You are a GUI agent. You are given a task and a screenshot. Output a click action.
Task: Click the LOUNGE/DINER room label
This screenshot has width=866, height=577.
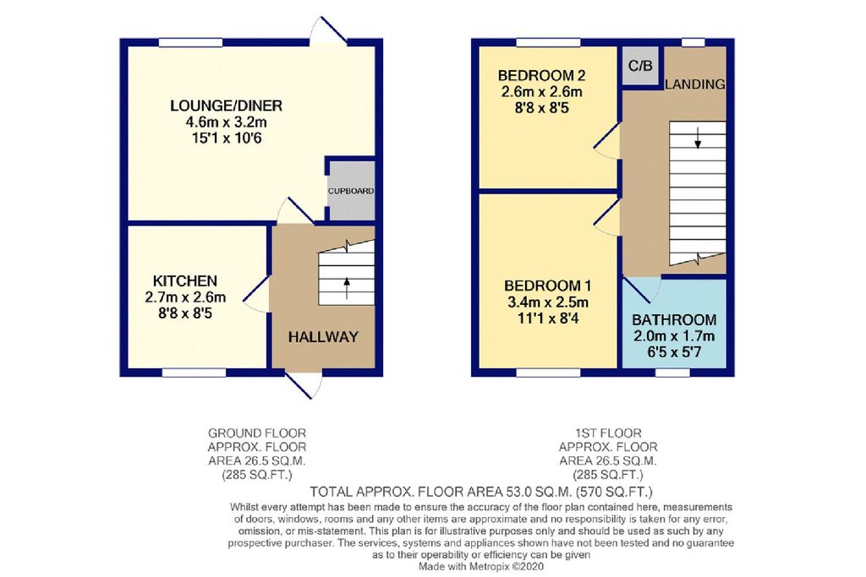[226, 105]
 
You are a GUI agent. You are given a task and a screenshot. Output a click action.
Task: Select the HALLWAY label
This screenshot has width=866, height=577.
[323, 336]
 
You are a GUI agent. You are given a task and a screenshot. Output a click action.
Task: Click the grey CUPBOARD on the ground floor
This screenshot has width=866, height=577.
[351, 190]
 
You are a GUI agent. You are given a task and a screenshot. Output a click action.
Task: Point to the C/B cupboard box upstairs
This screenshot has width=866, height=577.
[641, 66]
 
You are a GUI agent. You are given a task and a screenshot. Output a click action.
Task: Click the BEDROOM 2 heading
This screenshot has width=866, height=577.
[541, 75]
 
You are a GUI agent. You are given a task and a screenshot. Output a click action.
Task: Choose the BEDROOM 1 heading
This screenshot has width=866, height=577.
[547, 286]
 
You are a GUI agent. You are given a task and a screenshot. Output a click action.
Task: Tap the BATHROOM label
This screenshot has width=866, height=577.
[674, 320]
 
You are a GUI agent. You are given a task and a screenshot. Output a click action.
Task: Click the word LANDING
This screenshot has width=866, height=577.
[695, 84]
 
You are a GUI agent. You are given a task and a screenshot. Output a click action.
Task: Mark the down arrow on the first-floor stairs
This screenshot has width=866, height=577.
[698, 138]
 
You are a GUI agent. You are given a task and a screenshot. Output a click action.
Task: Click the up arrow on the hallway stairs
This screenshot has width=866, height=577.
[346, 288]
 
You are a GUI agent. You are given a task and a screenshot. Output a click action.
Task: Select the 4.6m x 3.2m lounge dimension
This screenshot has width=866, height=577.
[227, 122]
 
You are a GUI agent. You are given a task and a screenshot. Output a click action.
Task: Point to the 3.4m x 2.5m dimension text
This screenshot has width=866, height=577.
[547, 302]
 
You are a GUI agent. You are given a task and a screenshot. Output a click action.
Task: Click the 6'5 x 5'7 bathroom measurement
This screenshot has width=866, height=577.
[674, 351]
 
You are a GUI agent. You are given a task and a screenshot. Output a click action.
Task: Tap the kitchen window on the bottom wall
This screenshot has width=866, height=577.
[194, 373]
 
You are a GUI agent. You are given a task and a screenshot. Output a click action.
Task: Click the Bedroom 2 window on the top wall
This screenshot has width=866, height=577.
[548, 42]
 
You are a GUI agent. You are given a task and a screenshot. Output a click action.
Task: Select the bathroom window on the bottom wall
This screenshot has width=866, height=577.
[672, 373]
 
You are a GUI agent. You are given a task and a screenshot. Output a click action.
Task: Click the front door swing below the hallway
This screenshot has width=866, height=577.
[304, 384]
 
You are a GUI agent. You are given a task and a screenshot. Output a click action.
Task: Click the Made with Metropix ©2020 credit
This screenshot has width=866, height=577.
[481, 567]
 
